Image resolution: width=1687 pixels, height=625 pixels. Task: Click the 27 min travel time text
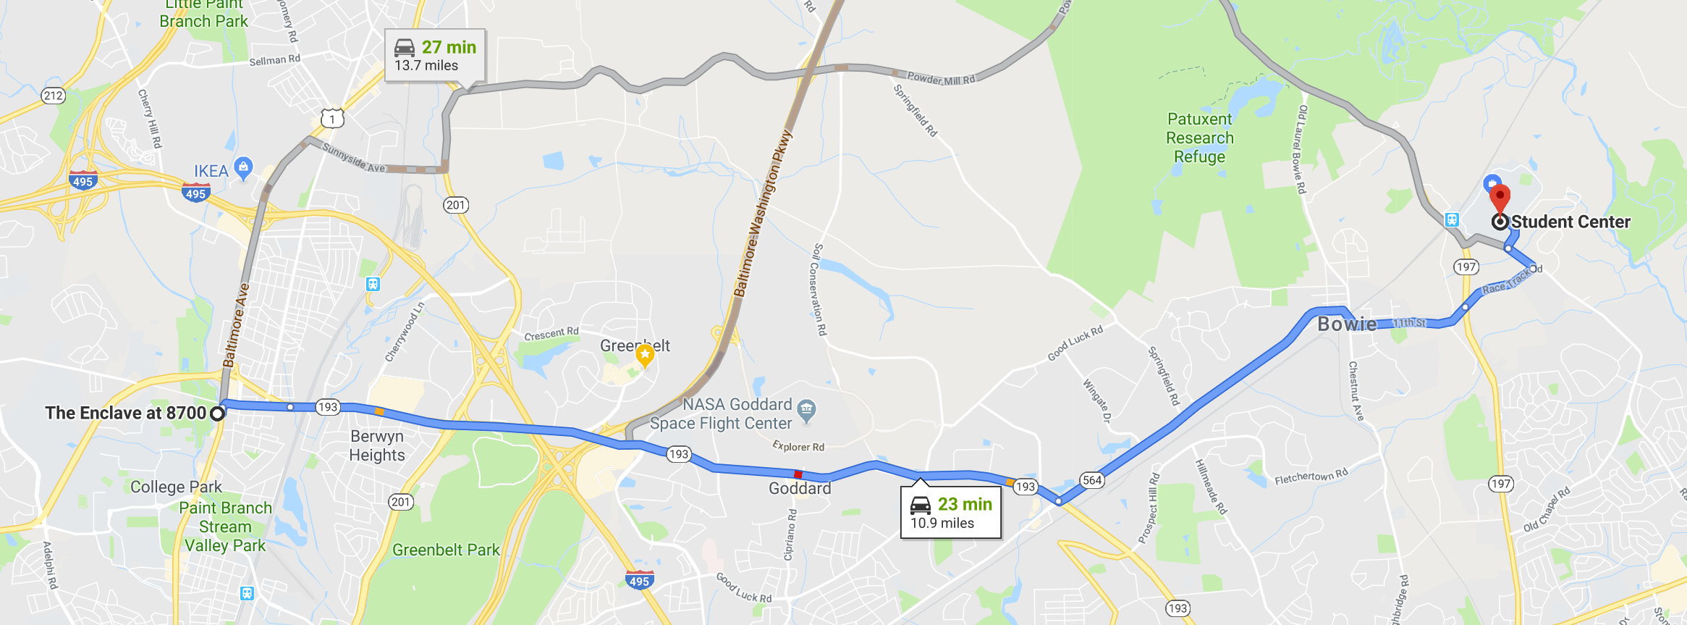click(x=449, y=47)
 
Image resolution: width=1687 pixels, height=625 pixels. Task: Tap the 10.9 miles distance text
click(x=942, y=523)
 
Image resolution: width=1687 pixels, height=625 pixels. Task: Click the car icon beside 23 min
click(x=921, y=504)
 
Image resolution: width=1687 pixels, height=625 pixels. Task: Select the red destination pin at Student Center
click(x=1500, y=197)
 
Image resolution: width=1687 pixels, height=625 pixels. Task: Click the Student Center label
click(x=1570, y=222)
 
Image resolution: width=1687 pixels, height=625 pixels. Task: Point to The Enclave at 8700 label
click(x=126, y=413)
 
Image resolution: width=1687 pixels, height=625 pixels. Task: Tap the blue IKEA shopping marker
click(x=244, y=167)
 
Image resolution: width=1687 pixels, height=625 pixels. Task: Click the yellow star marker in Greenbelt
click(x=645, y=355)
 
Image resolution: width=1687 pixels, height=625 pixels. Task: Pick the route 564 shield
click(x=1092, y=479)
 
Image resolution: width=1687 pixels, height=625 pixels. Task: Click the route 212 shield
click(x=53, y=96)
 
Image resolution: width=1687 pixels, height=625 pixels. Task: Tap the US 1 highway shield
click(x=332, y=118)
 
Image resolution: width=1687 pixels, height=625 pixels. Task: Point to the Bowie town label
click(x=1346, y=324)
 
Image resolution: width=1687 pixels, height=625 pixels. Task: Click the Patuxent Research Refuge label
click(x=1199, y=138)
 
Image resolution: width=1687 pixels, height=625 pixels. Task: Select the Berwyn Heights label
click(x=376, y=445)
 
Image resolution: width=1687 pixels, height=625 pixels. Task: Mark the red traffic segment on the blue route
click(x=798, y=474)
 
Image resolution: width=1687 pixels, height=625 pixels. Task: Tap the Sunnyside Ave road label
click(x=354, y=158)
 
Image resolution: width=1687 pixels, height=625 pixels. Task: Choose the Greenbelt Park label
click(x=446, y=550)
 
